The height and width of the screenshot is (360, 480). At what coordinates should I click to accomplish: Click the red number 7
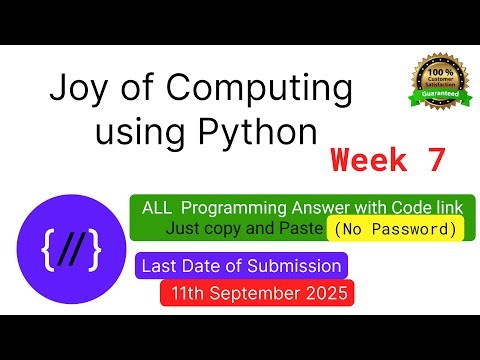point(432,159)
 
